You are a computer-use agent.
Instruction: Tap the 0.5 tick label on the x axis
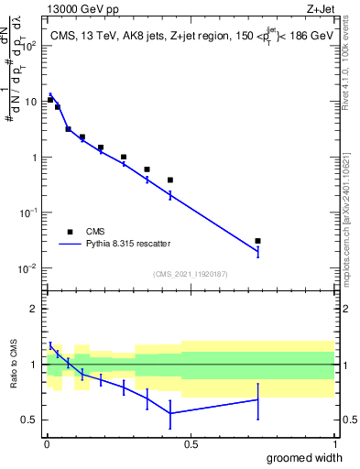tap(191, 442)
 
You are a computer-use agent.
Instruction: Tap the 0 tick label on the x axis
tap(47, 442)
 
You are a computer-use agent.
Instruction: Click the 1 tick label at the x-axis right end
tap(334, 442)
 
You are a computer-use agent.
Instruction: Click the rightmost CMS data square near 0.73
tap(257, 241)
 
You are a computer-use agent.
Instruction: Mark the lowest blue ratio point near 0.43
tap(170, 413)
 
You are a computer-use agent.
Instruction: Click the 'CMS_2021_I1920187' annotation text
tap(191, 273)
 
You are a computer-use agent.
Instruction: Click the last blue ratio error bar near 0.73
tap(257, 400)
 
